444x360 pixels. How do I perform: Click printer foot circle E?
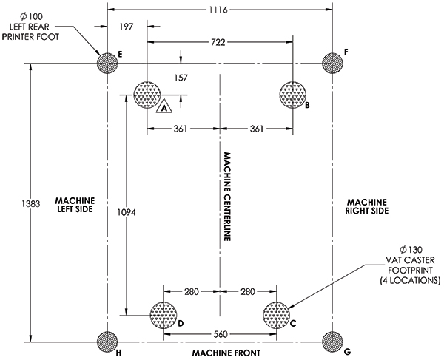pyautogui.click(x=107, y=64)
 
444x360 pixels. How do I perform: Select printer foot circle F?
pyautogui.click(x=332, y=64)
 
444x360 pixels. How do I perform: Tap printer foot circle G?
pyautogui.click(x=332, y=342)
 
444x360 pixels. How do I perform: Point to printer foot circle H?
pyautogui.click(x=107, y=342)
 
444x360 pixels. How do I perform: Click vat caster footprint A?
pyautogui.click(x=147, y=94)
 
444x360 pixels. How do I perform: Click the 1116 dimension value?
pyautogui.click(x=219, y=10)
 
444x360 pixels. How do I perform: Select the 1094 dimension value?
pyautogui.click(x=128, y=211)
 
